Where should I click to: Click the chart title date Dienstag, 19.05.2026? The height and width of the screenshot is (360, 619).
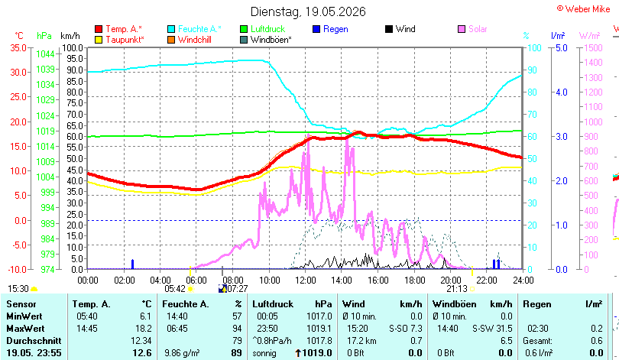click(x=308, y=11)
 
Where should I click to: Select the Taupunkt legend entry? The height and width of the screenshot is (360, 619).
click(x=120, y=40)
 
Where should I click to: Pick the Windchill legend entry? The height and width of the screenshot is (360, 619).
click(x=190, y=40)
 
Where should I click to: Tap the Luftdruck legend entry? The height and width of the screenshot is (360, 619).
click(x=263, y=29)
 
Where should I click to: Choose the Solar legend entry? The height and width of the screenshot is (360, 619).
click(x=472, y=29)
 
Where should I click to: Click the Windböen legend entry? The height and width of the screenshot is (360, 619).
click(x=266, y=40)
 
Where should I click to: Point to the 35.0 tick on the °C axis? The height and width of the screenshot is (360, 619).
click(x=18, y=47)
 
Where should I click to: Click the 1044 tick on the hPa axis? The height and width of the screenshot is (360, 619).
click(x=45, y=54)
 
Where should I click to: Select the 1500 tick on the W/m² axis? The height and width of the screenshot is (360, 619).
click(x=593, y=47)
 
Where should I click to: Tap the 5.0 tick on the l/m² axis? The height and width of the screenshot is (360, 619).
click(x=562, y=47)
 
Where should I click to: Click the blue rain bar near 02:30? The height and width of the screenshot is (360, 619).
click(x=133, y=264)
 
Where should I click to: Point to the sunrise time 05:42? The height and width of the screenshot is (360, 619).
click(x=175, y=289)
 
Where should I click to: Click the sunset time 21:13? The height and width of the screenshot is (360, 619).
click(x=457, y=289)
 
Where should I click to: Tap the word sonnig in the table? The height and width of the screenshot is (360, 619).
click(x=264, y=353)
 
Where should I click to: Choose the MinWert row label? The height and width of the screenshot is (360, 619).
click(x=24, y=316)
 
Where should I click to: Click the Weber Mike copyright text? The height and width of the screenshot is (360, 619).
click(x=584, y=8)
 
